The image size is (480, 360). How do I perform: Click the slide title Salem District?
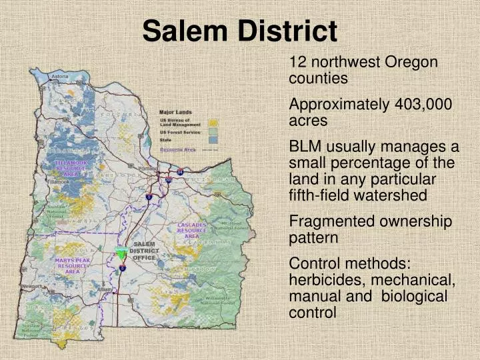pyautogui.click(x=240, y=30)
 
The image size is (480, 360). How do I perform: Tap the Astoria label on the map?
pyautogui.click(x=60, y=77)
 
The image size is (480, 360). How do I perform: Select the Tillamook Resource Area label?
pyautogui.click(x=71, y=168)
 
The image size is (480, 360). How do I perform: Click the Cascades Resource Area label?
pyautogui.click(x=191, y=231)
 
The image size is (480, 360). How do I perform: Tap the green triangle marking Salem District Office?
pyautogui.click(x=121, y=253)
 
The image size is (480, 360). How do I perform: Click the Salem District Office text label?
pyautogui.click(x=143, y=251)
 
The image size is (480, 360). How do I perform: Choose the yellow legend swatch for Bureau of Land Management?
pyautogui.click(x=213, y=123)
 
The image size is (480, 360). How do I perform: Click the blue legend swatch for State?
pyautogui.click(x=213, y=140)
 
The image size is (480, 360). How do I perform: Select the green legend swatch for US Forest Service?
pyautogui.click(x=213, y=132)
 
